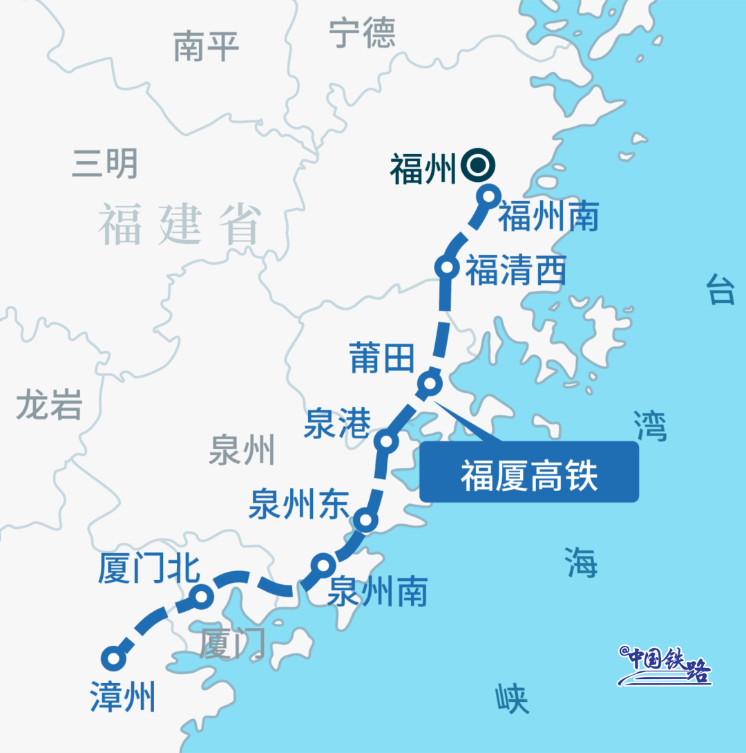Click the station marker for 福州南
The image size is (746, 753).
click(x=488, y=196)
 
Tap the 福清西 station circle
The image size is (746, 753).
click(x=447, y=268)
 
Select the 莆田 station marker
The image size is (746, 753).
click(x=430, y=382)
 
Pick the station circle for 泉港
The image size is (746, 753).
click(x=385, y=440)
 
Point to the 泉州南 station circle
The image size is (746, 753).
click(x=323, y=566)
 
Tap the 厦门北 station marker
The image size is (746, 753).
click(x=200, y=596)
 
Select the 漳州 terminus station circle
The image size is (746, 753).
click(x=113, y=658)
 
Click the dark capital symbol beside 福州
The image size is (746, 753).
click(x=477, y=166)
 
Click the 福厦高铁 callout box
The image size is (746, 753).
click(x=529, y=472)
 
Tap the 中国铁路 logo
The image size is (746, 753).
click(x=666, y=666)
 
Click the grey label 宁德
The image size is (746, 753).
click(x=362, y=33)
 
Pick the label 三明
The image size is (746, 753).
click(x=105, y=165)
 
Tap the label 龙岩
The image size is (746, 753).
click(x=49, y=405)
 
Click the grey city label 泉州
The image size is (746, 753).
click(x=242, y=449)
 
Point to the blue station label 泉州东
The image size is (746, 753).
click(x=299, y=503)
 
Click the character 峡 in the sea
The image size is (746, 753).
click(x=513, y=699)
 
